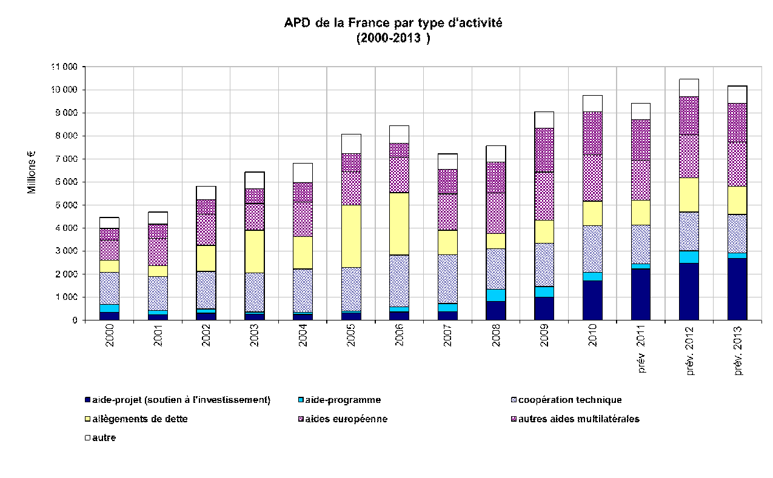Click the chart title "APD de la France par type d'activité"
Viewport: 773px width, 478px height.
pyautogui.click(x=393, y=23)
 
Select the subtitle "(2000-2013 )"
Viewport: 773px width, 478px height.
pyautogui.click(x=393, y=38)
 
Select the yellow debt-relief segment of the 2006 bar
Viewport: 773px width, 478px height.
pyautogui.click(x=399, y=224)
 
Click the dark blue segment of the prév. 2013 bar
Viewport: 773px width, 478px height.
pyautogui.click(x=737, y=289)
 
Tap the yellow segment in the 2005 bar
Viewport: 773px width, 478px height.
pyautogui.click(x=351, y=236)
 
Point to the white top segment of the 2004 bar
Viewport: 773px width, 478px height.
pyautogui.click(x=303, y=173)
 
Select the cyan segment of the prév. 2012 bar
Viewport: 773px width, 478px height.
pyautogui.click(x=689, y=257)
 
